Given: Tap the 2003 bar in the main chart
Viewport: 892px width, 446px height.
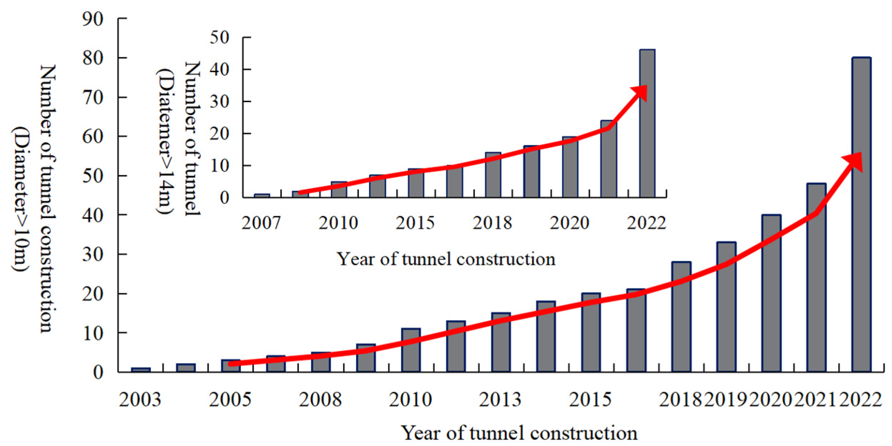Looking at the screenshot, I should [141, 370].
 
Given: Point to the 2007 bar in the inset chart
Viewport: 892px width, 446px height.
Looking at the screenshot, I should [262, 195].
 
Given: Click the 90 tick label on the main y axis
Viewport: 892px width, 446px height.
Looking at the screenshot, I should [93, 19].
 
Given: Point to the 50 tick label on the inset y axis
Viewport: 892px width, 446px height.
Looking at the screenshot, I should [219, 38].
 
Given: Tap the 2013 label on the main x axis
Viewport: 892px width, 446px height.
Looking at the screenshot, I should [500, 400].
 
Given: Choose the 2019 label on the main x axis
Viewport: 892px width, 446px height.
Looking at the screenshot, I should [726, 400].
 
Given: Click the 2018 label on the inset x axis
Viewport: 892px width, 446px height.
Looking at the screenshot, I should [492, 223].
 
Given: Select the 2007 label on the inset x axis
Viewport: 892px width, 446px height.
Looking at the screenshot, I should [261, 223].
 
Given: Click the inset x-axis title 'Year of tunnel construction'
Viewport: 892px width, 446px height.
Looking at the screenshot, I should [446, 259].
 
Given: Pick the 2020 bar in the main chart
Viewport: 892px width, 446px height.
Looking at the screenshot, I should [771, 293].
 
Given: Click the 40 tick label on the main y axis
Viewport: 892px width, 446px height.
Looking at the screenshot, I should [93, 215].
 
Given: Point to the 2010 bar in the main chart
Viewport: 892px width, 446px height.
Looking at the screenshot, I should [410, 350].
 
